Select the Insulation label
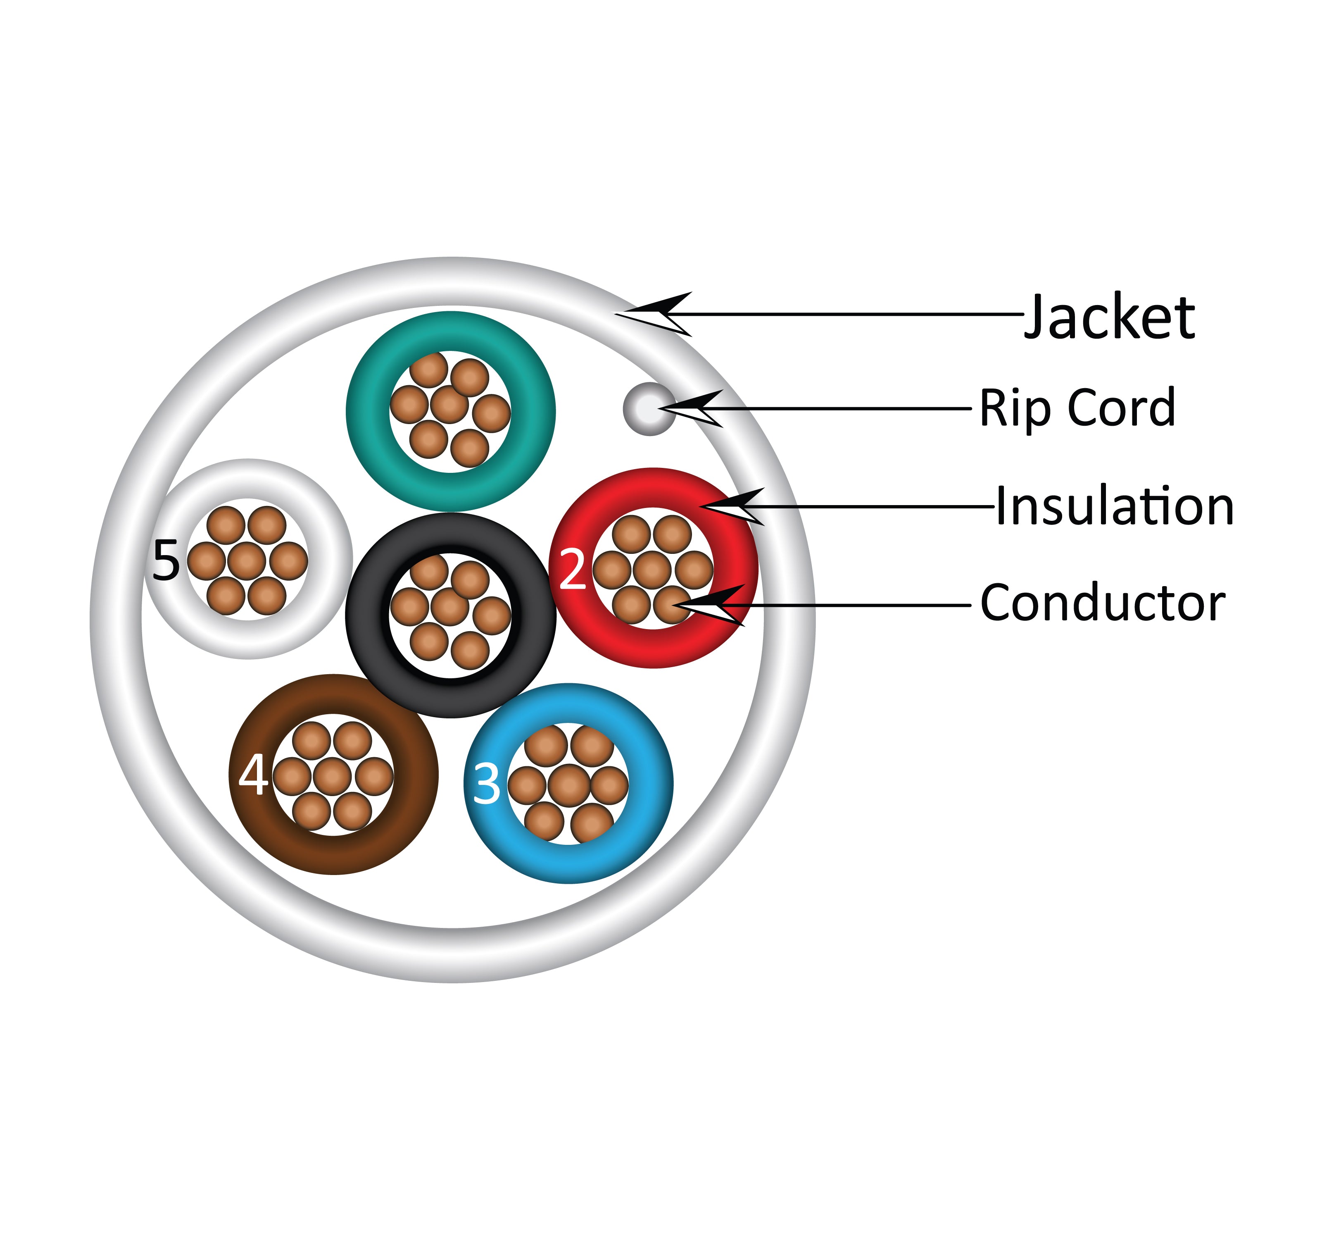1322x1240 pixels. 1115,507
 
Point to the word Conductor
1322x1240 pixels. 1103,603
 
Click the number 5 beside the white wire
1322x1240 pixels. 166,561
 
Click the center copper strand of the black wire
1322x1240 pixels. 450,607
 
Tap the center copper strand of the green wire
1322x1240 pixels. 449,405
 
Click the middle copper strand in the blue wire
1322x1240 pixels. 568,784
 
